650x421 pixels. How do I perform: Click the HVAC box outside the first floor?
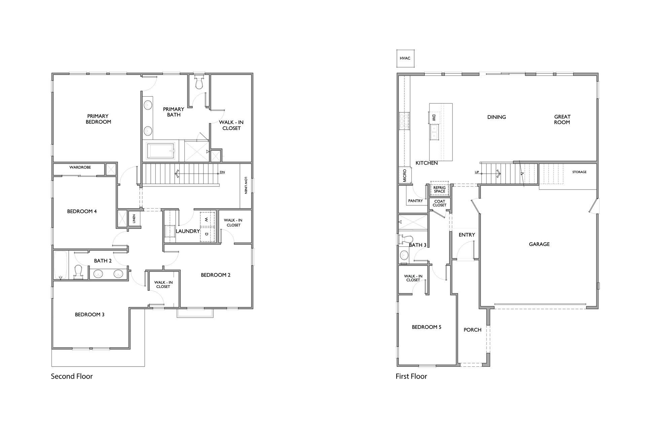405,58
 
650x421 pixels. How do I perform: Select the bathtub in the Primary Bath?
161,150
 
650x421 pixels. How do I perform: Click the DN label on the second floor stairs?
222,172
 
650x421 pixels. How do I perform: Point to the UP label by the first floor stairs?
477,172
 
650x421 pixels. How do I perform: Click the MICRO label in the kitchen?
405,176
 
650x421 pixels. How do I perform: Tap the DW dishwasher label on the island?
434,118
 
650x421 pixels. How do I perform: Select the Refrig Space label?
439,189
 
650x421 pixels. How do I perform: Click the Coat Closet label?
439,203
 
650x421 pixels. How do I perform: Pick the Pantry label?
416,201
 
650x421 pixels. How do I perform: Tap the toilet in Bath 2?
78,272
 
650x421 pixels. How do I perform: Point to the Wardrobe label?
80,167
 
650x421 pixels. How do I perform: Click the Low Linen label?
246,185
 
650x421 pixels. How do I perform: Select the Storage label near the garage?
579,172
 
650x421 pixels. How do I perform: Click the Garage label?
539,244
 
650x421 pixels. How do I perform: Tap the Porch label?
472,330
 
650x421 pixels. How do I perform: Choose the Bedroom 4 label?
82,211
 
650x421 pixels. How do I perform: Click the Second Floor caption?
72,376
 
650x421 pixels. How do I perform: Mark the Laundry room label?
188,231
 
